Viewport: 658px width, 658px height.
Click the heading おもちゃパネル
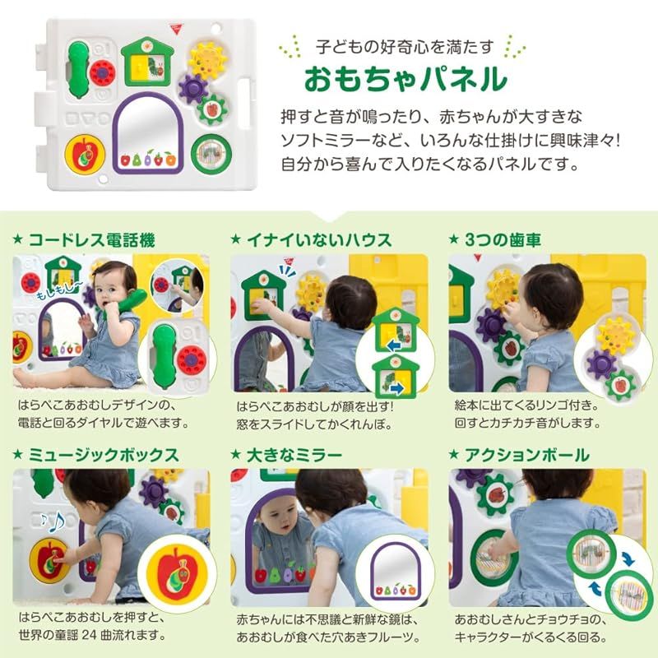click(x=405, y=80)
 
